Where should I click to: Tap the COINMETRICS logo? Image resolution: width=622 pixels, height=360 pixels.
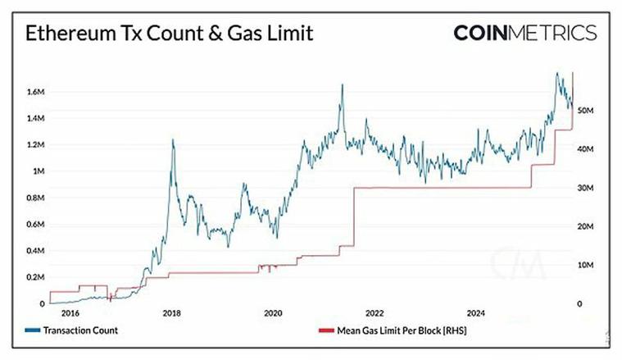pos(524,33)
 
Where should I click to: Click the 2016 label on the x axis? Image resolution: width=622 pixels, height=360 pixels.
pos(70,312)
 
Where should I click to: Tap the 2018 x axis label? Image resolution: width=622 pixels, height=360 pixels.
pos(172,312)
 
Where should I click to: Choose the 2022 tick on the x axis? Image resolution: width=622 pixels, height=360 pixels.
pos(375,312)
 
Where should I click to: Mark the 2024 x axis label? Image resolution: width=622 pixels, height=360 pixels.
pos(475,312)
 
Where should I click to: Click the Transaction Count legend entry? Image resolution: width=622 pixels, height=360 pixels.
pos(82,330)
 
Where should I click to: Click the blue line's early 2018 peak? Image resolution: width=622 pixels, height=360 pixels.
pos(172,140)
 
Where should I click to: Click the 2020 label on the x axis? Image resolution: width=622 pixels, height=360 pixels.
pos(273,312)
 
